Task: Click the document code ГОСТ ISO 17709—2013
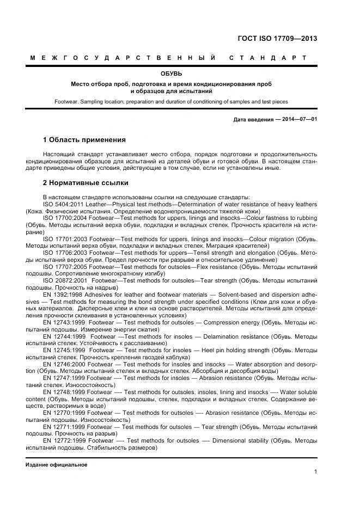pos(277,39)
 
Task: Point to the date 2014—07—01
pos(298,119)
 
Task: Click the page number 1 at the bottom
pos(315,471)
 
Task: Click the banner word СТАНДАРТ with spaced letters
pos(267,57)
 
